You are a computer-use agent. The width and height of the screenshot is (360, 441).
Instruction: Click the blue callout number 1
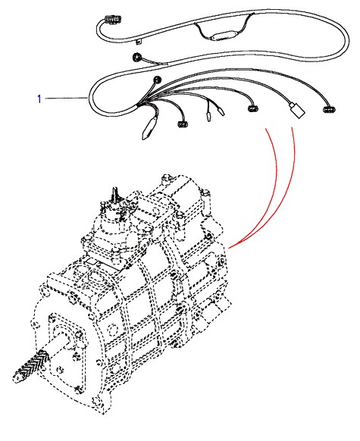[x=39, y=99]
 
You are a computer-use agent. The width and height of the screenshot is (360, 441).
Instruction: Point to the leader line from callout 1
[x=67, y=99]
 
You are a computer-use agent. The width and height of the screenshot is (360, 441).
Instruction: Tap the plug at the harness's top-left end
[x=113, y=20]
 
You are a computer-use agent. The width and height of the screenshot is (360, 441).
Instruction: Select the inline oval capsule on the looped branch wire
[x=223, y=36]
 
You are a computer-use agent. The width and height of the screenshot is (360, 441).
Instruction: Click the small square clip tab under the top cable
[x=139, y=42]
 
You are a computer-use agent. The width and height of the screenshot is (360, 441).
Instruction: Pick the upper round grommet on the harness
[x=137, y=58]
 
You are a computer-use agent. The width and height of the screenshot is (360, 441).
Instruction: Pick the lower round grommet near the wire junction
[x=157, y=80]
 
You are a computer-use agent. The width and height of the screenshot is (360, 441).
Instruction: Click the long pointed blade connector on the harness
[x=149, y=129]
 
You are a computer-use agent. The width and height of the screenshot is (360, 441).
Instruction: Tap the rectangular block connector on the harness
[x=296, y=111]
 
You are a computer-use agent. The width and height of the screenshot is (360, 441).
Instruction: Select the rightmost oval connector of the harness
[x=329, y=109]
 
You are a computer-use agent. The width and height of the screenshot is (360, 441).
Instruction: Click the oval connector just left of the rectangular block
[x=253, y=108]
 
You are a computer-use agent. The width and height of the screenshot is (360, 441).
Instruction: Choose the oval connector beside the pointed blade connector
[x=183, y=124]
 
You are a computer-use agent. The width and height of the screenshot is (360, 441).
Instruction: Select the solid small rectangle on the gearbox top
[x=92, y=261]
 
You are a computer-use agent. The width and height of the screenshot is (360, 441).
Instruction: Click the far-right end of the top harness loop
[x=349, y=42]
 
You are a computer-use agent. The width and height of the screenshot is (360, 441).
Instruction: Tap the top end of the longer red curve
[x=292, y=127]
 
